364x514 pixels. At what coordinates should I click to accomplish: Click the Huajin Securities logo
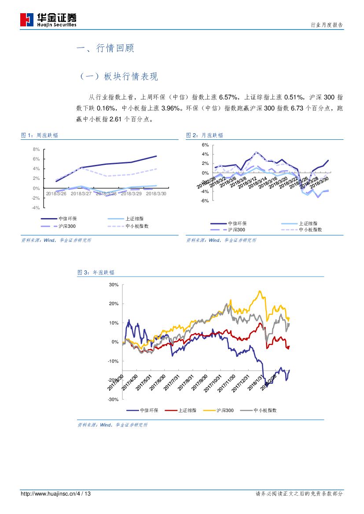[48, 19]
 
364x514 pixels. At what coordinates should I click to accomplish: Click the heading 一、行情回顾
[105, 48]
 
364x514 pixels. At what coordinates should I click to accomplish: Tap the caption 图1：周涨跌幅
[40, 135]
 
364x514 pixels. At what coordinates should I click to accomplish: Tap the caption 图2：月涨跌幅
[205, 135]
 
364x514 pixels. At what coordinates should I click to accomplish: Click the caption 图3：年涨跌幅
[96, 273]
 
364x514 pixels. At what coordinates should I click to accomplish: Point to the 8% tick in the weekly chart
[37, 149]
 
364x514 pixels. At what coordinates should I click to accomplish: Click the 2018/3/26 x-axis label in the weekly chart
[56, 193]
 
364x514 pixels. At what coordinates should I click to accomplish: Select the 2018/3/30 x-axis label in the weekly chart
[156, 193]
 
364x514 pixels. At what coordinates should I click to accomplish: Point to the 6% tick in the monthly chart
[205, 145]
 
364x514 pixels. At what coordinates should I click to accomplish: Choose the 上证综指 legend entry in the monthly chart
[308, 223]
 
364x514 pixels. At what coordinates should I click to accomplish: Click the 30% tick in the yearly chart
[114, 284]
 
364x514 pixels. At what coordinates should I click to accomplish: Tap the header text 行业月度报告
[327, 25]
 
